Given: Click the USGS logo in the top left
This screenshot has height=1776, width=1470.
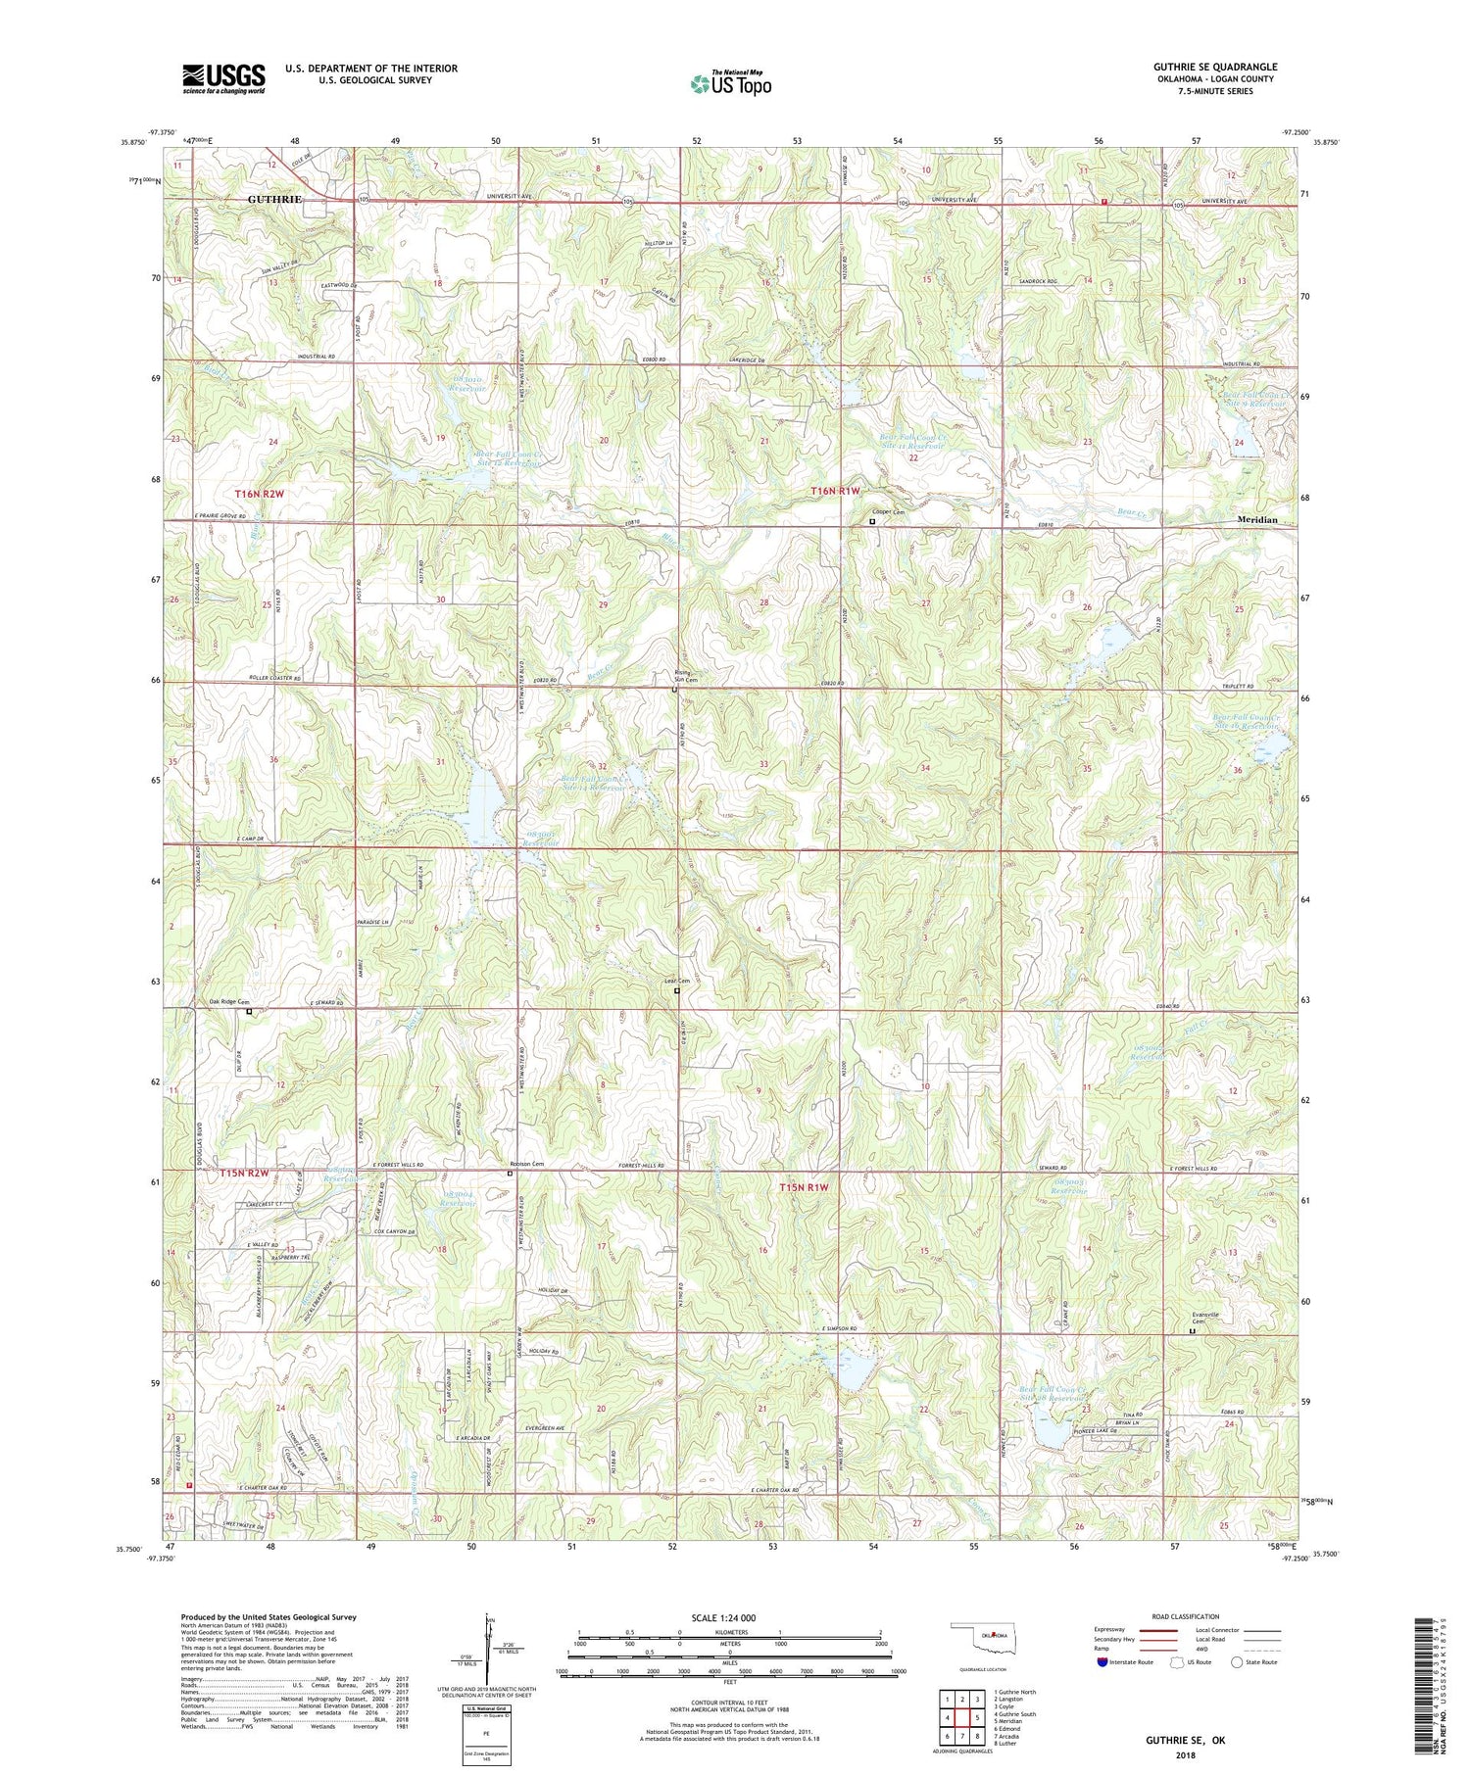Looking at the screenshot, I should (x=223, y=78).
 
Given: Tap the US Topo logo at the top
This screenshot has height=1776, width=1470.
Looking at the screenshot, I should (x=730, y=83).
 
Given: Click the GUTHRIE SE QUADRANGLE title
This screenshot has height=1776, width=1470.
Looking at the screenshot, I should (x=1215, y=67).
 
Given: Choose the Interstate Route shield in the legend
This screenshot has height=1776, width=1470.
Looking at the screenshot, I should (x=1102, y=1662).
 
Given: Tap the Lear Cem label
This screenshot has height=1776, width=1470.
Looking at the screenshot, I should (x=676, y=982).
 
